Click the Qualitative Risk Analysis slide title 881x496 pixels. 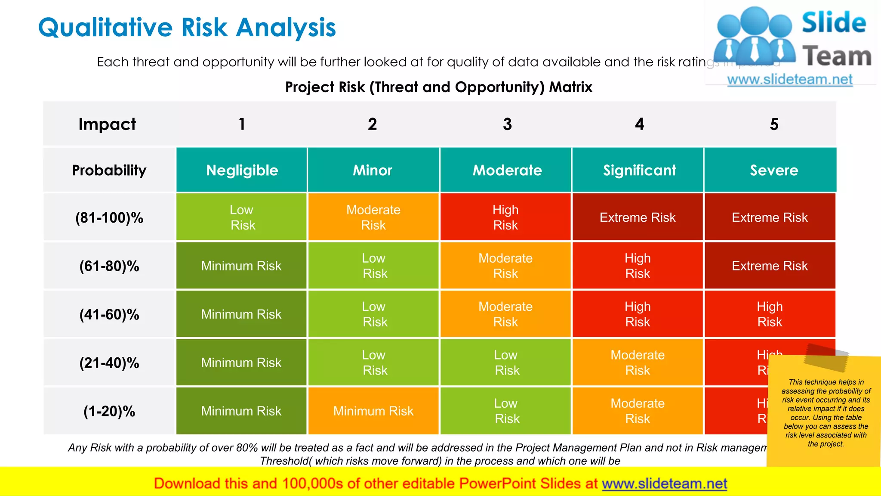pyautogui.click(x=187, y=28)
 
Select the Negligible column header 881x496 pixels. pyautogui.click(x=242, y=170)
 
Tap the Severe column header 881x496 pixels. pyautogui.click(x=773, y=170)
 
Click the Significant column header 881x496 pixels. pyautogui.click(x=639, y=170)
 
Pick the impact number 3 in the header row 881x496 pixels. pyautogui.click(x=507, y=124)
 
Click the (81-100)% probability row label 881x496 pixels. pyautogui.click(x=109, y=218)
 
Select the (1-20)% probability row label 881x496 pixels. pyautogui.click(x=109, y=411)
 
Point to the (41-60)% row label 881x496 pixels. pyautogui.click(x=109, y=315)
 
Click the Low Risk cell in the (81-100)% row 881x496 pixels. pyautogui.click(x=242, y=217)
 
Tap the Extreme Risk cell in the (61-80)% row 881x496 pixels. pyautogui.click(x=770, y=266)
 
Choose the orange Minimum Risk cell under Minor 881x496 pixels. pyautogui.click(x=373, y=411)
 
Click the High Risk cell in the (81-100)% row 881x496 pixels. pyautogui.click(x=505, y=217)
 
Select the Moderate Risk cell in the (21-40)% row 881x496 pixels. pyautogui.click(x=637, y=363)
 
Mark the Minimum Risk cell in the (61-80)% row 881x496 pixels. pyautogui.click(x=241, y=266)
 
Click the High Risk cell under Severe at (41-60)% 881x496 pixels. pyautogui.click(x=770, y=314)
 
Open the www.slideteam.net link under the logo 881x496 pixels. pyautogui.click(x=790, y=80)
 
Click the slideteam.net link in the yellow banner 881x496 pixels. pyautogui.click(x=664, y=484)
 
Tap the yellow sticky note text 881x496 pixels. pyautogui.click(x=826, y=413)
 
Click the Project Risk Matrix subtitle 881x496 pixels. pyautogui.click(x=438, y=87)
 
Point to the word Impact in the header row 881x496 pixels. pyautogui.click(x=107, y=124)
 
